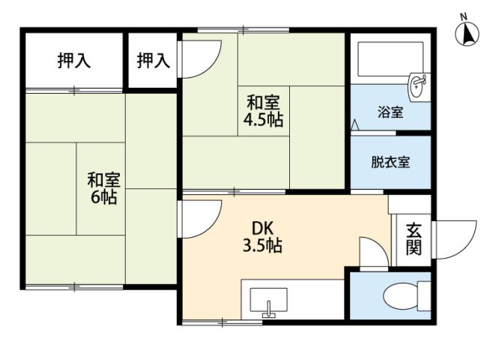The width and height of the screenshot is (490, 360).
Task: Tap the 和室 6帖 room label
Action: (104, 189)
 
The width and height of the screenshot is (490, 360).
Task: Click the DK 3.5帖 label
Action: (261, 235)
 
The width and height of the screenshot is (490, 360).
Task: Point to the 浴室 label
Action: (390, 113)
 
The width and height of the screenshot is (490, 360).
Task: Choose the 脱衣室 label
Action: (390, 162)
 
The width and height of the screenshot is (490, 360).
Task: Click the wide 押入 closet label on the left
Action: (74, 61)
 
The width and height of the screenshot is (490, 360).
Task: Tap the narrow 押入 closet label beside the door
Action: (153, 61)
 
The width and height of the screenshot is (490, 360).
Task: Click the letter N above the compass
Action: (464, 16)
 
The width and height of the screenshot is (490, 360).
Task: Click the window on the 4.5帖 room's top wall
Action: (244, 31)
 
